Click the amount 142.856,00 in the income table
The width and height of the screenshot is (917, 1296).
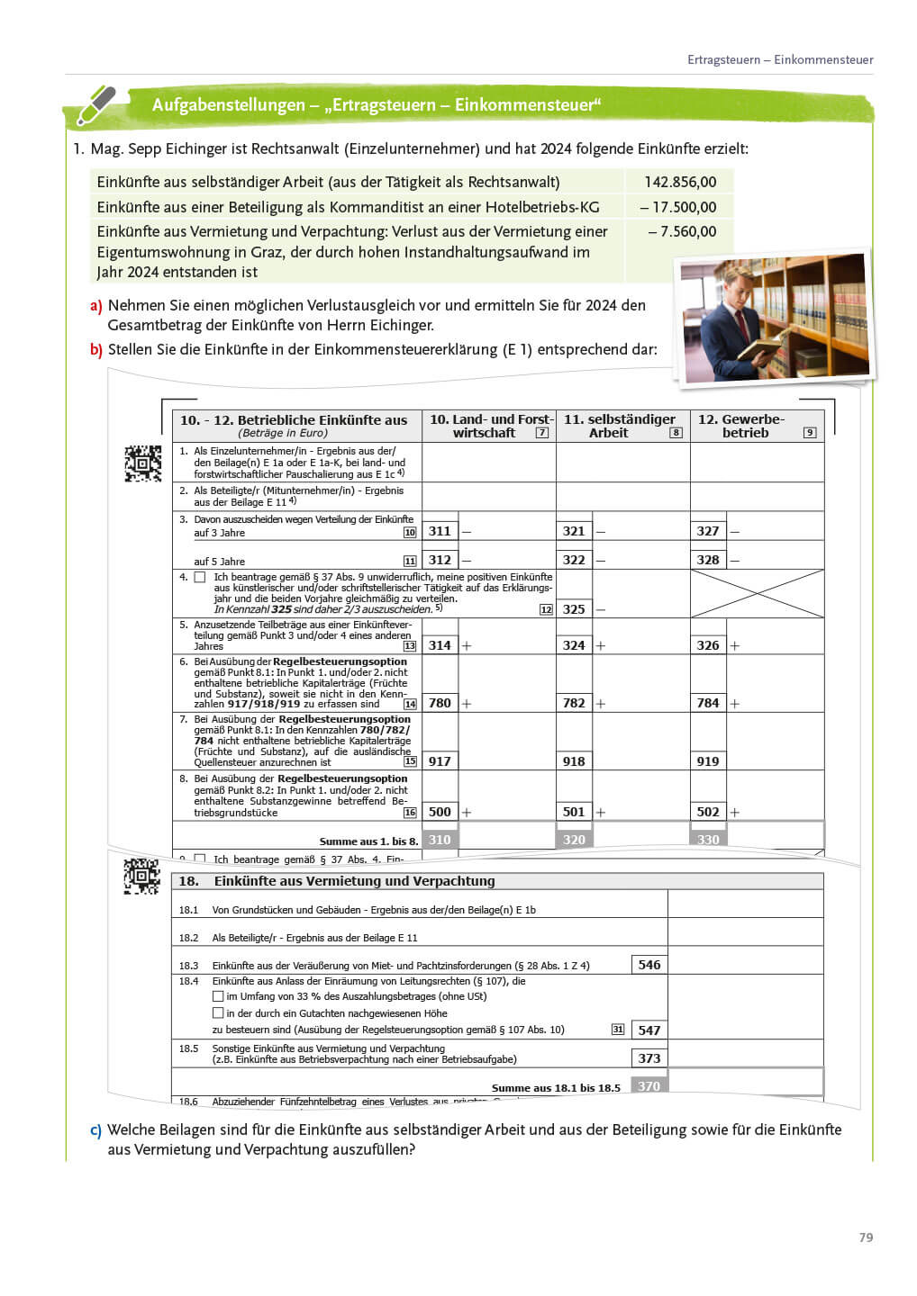[680, 182]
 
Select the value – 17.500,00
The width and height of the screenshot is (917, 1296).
[678, 207]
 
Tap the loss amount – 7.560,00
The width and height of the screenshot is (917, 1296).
[682, 231]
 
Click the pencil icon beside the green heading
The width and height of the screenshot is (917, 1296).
[95, 104]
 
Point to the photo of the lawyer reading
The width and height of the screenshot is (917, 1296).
[775, 317]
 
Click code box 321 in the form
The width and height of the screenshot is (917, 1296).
[574, 531]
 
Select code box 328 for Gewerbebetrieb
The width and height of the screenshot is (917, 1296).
[708, 560]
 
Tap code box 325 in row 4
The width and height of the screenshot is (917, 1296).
[574, 609]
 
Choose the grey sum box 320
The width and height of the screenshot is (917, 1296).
[574, 840]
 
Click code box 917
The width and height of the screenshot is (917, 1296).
[440, 761]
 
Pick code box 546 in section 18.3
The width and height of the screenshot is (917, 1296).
[649, 965]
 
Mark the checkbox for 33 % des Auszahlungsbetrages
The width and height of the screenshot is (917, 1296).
[218, 996]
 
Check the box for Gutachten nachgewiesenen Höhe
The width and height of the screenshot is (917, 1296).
[218, 1013]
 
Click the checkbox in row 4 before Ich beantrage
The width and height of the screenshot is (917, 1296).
[200, 577]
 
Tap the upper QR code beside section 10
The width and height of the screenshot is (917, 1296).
[142, 463]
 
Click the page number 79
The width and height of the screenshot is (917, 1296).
[866, 1237]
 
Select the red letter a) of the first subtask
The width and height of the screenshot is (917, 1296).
[95, 306]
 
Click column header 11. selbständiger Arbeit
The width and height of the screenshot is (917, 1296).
[620, 426]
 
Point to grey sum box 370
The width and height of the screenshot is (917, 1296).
[649, 1086]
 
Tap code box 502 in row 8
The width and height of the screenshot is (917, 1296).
[708, 812]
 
